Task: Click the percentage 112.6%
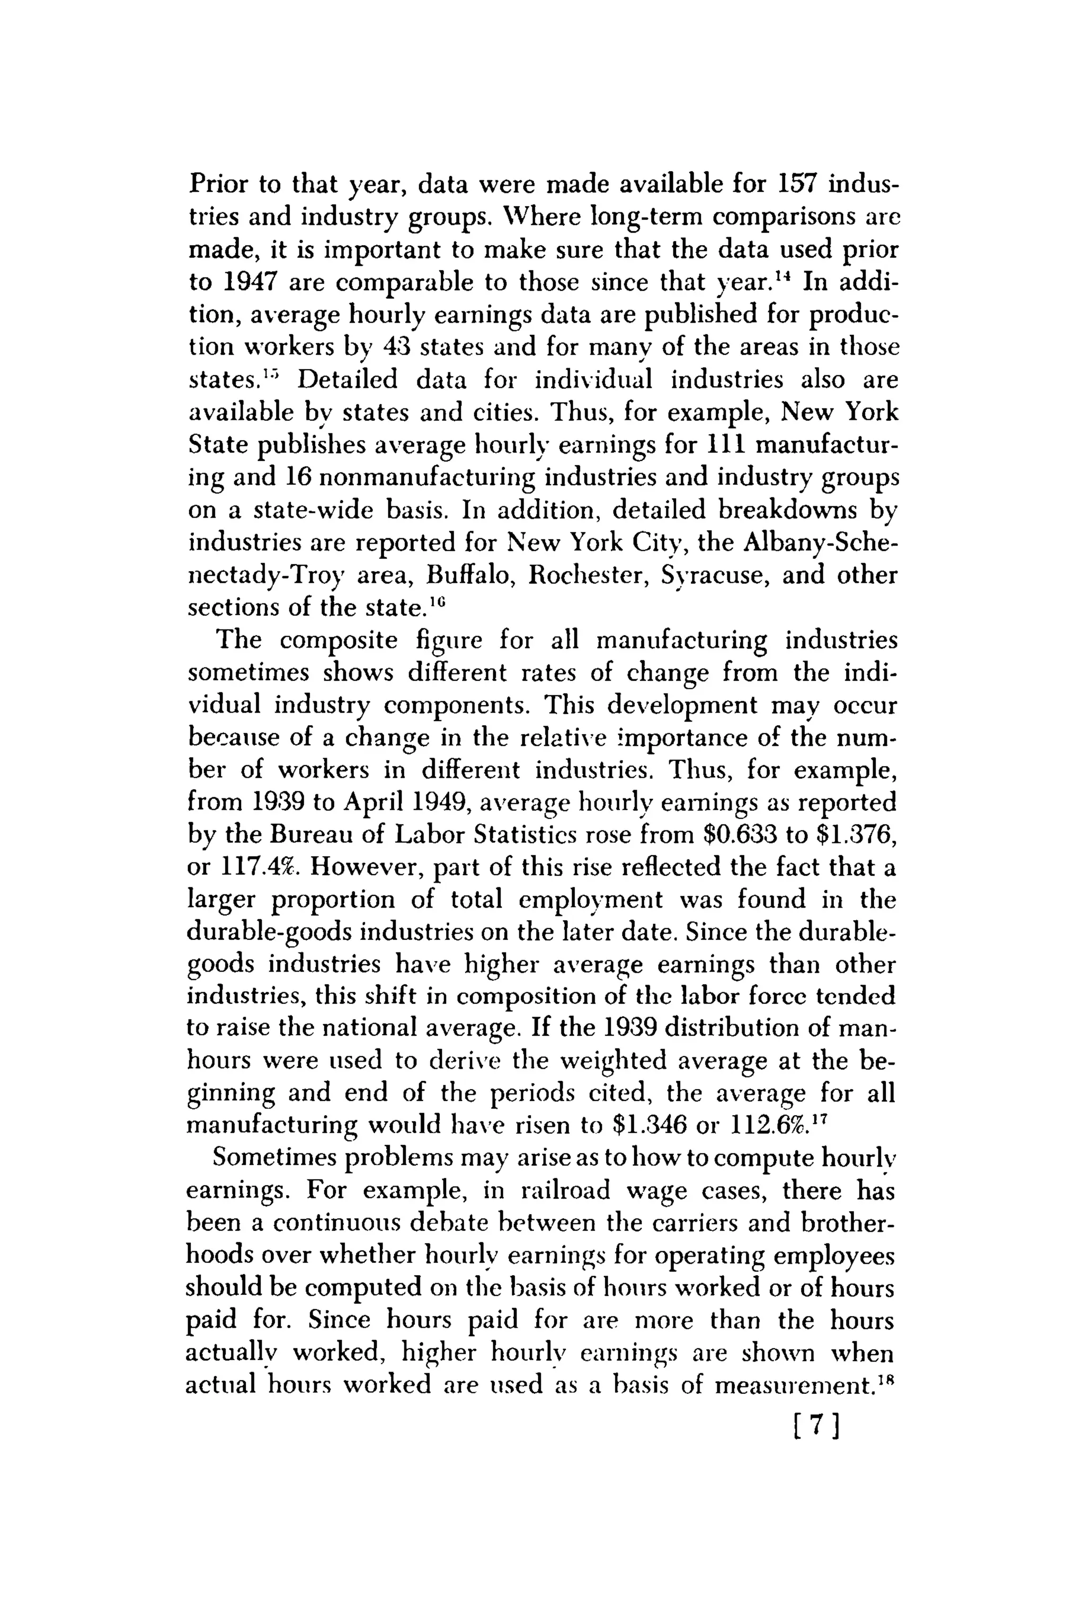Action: (769, 1125)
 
